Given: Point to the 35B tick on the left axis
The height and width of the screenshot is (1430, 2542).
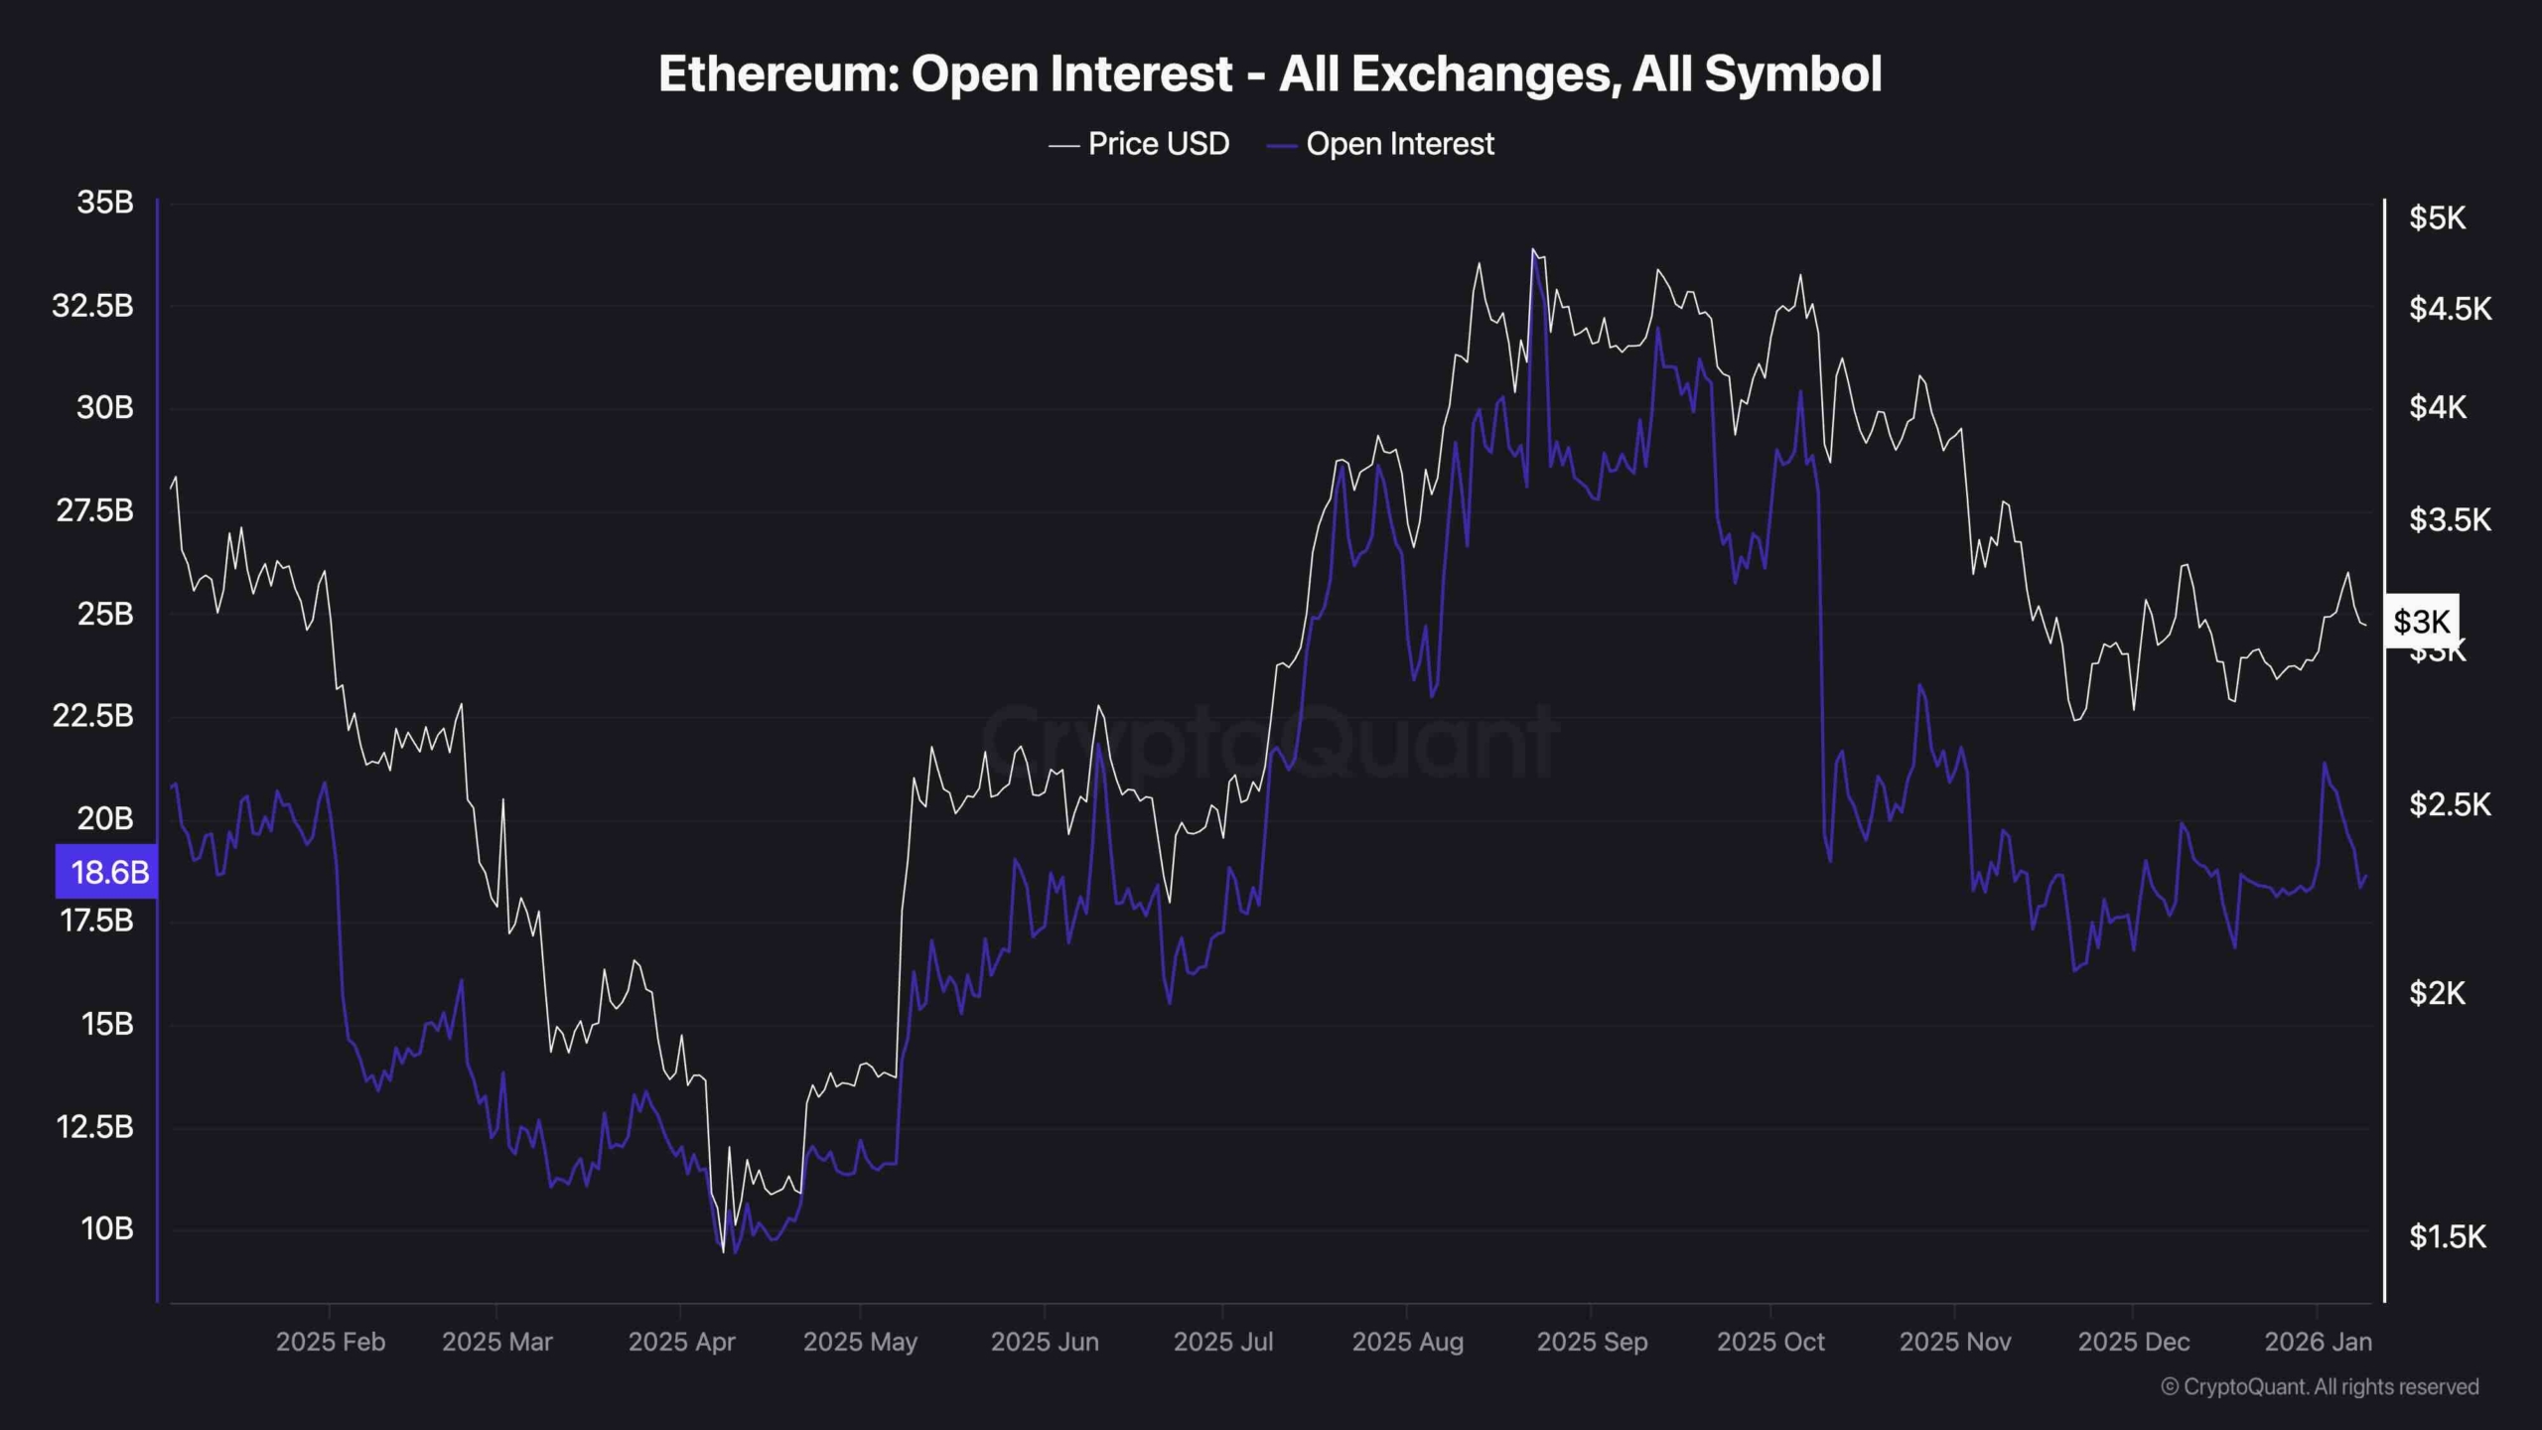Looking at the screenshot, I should tap(105, 203).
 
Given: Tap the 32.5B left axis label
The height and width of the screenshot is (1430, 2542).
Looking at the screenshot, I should tap(92, 306).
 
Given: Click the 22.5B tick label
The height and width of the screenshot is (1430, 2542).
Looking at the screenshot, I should tap(92, 716).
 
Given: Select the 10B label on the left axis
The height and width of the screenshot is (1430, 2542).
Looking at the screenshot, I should tap(106, 1229).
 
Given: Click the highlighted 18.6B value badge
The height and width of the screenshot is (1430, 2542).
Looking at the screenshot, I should tap(107, 872).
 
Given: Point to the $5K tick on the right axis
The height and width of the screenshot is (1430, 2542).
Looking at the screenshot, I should tap(2437, 218).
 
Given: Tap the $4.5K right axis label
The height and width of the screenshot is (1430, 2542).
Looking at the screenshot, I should tap(2450, 309).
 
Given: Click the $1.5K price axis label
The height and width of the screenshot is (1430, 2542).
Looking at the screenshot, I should tap(2448, 1237).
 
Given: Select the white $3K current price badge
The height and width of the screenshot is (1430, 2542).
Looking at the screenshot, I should tap(2421, 622).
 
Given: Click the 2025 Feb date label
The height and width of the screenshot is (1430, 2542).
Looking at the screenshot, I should tap(331, 1343).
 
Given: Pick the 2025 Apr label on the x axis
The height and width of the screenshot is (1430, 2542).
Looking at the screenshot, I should tap(681, 1343).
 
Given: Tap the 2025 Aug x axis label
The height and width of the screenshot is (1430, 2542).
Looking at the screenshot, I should tap(1407, 1343).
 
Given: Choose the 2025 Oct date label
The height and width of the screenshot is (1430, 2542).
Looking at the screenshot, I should tap(1770, 1343).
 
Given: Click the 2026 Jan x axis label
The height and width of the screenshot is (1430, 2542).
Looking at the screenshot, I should tap(2318, 1343).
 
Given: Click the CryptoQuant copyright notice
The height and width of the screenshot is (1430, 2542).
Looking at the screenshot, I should tap(2320, 1387).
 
